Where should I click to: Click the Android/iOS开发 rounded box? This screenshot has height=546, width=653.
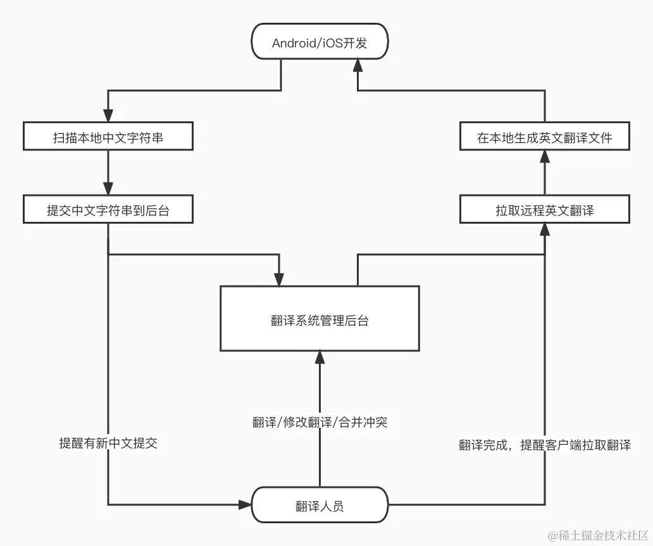coord(320,43)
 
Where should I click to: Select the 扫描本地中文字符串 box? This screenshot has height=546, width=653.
coord(108,136)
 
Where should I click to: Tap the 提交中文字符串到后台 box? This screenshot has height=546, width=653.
coord(108,210)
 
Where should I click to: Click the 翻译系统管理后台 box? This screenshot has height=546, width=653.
coord(320,318)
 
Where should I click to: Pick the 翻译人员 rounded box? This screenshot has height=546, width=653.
coord(320,505)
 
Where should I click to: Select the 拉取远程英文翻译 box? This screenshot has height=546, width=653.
coord(544,210)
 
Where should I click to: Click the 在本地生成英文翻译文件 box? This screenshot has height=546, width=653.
coord(544,136)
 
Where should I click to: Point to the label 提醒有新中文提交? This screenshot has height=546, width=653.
coord(108,443)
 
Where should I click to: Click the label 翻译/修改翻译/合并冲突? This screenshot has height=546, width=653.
coord(320,422)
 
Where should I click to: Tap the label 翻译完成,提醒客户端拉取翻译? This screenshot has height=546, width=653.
coord(544,444)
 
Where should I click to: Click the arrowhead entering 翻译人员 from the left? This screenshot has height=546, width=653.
coord(245,504)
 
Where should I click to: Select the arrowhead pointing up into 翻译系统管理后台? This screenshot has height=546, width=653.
coord(320,358)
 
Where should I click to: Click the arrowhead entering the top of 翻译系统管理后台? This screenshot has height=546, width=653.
coord(279,279)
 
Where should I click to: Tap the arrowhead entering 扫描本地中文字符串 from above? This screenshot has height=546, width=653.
coord(108,116)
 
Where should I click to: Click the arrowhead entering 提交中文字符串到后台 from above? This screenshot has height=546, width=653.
coord(108,189)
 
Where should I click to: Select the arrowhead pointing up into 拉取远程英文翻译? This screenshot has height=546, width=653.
coord(544,230)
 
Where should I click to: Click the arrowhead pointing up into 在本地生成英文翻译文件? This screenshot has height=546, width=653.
coord(544,157)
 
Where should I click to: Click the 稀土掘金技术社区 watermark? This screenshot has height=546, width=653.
coord(598,535)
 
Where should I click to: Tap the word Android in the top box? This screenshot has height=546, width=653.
coord(293,43)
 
